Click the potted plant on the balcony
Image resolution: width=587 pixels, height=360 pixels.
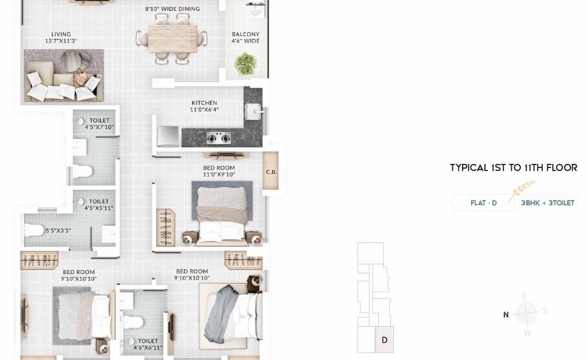245,64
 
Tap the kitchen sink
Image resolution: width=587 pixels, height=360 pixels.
253,112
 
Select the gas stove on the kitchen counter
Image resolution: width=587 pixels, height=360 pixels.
219,139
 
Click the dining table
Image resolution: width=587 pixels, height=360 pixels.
173,38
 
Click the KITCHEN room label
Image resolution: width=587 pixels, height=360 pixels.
204,103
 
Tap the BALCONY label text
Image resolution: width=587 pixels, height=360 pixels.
245,34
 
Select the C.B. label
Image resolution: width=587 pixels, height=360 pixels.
271,172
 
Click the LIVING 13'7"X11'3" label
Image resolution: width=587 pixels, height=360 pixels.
61,37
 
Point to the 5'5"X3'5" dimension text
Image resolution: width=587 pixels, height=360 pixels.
58,230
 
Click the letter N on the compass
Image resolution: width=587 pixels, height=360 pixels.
506,315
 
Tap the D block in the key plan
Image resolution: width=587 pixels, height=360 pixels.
385,339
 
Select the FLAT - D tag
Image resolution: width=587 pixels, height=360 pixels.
483,203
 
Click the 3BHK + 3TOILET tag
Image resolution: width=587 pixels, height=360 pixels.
547,203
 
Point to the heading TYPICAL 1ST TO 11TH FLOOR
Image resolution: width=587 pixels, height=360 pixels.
514,167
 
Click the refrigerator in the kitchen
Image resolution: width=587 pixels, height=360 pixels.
168,136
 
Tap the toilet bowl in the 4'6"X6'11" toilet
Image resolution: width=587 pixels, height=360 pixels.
134,322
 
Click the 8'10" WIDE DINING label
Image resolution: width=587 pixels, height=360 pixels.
173,9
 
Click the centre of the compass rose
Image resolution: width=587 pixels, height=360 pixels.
526,313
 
